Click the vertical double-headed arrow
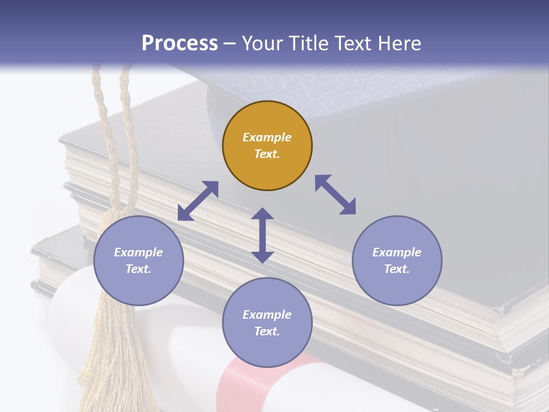[262, 235]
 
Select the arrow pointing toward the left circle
[198, 201]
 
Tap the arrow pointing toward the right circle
[336, 195]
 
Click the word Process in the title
[180, 43]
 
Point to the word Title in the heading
[308, 43]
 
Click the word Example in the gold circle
[267, 137]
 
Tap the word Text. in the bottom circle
[267, 331]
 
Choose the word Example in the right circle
[397, 252]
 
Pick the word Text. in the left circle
[138, 269]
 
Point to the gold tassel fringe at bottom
[112, 366]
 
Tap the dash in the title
[229, 44]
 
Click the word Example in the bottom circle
[267, 315]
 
